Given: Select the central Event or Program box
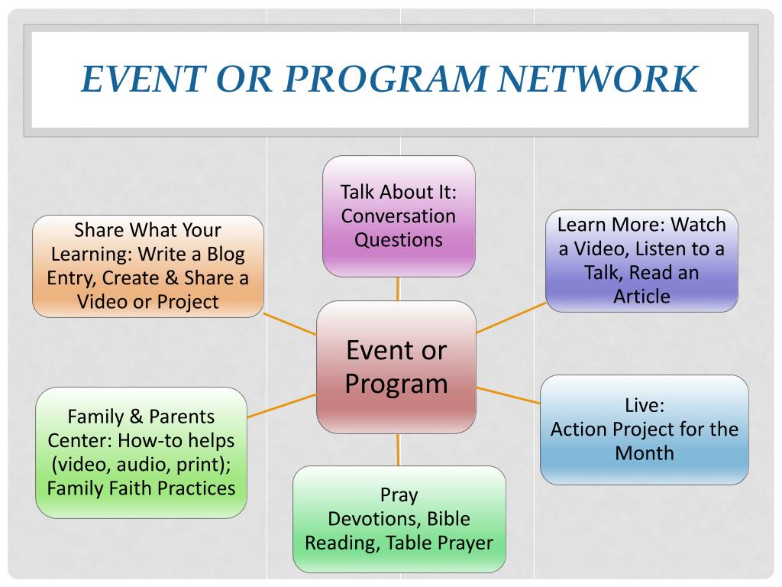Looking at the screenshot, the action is click(x=396, y=367).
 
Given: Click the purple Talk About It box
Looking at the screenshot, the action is click(x=399, y=216).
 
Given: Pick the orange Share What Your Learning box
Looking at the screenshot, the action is click(x=148, y=266).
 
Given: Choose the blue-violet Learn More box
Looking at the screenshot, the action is click(x=641, y=261).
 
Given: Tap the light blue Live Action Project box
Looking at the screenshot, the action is click(x=645, y=429).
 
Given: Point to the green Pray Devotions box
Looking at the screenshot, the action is click(x=399, y=519).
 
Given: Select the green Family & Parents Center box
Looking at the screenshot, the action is click(x=141, y=452).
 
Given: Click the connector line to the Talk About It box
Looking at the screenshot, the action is click(x=398, y=289).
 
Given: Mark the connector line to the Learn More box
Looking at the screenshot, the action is click(x=511, y=317).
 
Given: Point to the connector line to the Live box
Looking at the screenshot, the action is click(x=508, y=395).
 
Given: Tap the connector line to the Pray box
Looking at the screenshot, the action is click(x=398, y=449).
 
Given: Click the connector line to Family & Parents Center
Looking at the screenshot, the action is click(x=282, y=405).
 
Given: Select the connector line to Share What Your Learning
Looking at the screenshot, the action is click(x=290, y=324).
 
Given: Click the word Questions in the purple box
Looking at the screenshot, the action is click(x=399, y=239).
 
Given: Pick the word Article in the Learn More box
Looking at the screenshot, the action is click(x=641, y=296).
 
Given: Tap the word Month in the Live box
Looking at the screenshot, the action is click(x=645, y=452).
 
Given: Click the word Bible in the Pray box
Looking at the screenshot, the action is click(x=448, y=519).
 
